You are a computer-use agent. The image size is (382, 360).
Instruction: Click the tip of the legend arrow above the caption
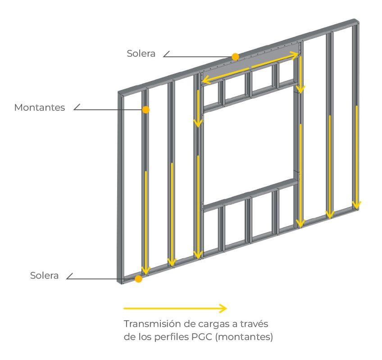(227, 308)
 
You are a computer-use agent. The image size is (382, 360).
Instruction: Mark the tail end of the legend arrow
(124, 308)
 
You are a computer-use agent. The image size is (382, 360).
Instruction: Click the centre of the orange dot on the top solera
(235, 57)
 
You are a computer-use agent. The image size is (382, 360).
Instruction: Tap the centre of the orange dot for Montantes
(146, 110)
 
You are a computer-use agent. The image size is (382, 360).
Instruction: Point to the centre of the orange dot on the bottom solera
(138, 279)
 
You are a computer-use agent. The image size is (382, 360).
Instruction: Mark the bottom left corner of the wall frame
(118, 283)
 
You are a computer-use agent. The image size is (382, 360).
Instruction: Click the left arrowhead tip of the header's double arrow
(202, 80)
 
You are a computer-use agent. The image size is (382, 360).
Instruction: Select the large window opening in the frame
(249, 146)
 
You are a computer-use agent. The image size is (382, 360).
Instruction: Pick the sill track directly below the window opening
(250, 195)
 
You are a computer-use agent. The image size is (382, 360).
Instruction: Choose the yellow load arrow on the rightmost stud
(356, 157)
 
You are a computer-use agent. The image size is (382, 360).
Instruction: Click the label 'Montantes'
(40, 108)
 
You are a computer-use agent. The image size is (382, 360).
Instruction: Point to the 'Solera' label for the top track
(141, 54)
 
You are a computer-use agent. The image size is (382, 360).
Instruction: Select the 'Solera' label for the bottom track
(44, 275)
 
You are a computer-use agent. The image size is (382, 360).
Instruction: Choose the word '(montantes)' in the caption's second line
(244, 337)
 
